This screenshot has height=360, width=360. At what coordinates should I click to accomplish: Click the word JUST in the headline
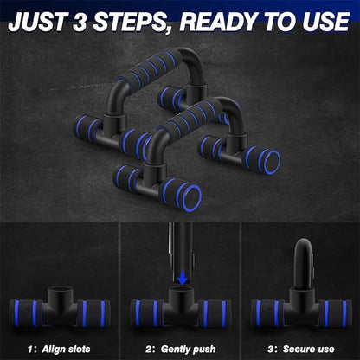point(42,21)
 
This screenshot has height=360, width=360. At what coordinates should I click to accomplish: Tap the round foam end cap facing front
point(191,196)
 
